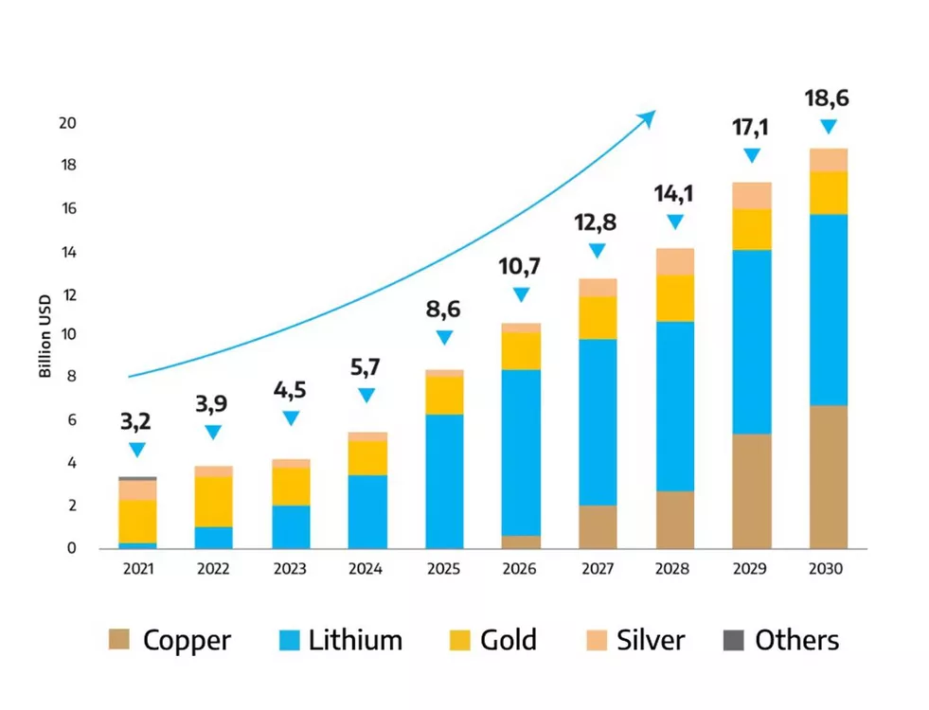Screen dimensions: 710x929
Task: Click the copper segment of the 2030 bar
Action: click(x=828, y=477)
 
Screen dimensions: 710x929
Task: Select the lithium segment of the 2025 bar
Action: click(x=443, y=481)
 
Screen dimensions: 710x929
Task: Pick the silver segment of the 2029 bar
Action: click(x=751, y=195)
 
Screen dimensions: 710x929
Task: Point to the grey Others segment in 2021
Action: click(x=137, y=479)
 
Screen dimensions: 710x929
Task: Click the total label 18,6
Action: click(x=827, y=98)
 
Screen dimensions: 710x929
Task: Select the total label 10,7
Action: click(x=520, y=268)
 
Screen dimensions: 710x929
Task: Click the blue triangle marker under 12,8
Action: click(x=597, y=251)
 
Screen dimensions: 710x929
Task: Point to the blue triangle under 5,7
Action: click(x=366, y=396)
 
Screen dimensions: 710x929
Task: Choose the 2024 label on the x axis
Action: click(x=366, y=569)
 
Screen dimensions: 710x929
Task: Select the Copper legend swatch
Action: click(x=119, y=640)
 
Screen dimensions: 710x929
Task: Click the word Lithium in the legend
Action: click(x=355, y=640)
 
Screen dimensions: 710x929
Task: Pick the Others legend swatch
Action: click(x=733, y=640)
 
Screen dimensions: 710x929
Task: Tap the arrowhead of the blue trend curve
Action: click(x=649, y=115)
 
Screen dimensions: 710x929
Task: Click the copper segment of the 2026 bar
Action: click(x=520, y=541)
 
